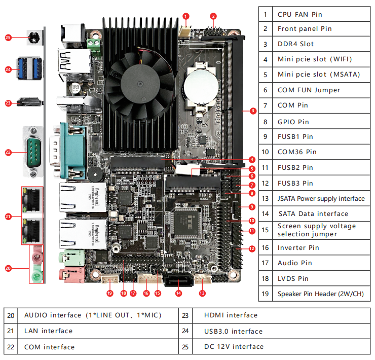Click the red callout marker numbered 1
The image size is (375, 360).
click(186, 16)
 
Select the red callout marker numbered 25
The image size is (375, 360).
click(8, 37)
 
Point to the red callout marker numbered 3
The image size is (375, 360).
click(253, 110)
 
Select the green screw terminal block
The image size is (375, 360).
click(94, 45)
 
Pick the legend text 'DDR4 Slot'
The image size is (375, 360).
click(295, 44)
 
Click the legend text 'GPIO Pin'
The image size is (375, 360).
click(293, 122)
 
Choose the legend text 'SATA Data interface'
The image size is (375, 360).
click(313, 214)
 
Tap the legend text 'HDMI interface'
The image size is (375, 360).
click(231, 315)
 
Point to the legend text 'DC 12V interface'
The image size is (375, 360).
click(234, 347)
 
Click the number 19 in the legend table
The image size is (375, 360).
click(265, 294)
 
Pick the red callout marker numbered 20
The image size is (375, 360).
click(8, 268)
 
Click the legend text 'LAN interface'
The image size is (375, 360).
click(48, 331)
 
